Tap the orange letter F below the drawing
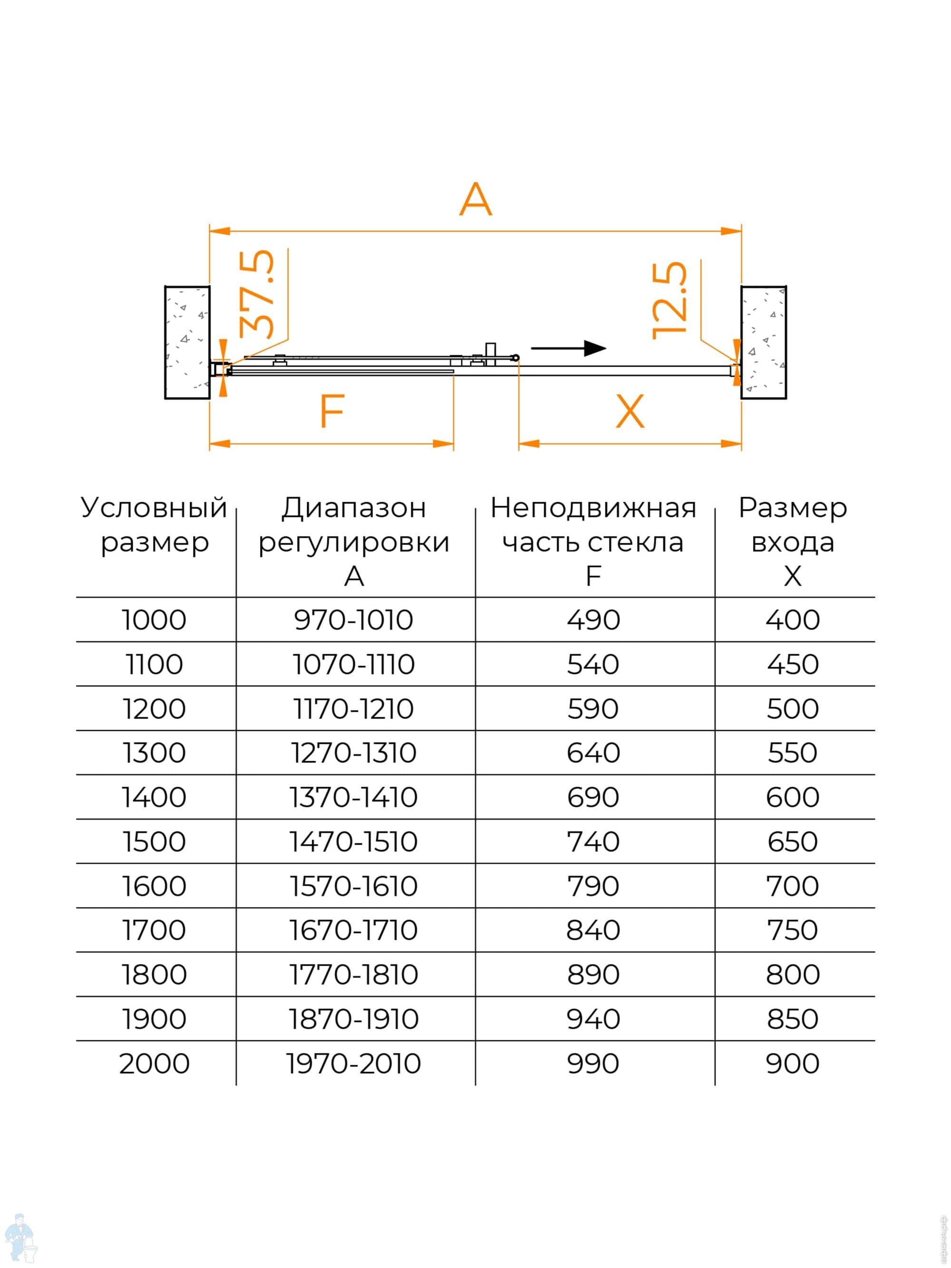pyautogui.click(x=332, y=411)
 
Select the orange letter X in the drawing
pyautogui.click(x=630, y=411)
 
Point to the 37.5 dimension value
pyautogui.click(x=256, y=294)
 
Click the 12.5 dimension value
pyautogui.click(x=669, y=301)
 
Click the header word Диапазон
pyautogui.click(x=354, y=508)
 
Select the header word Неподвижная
pyautogui.click(x=593, y=508)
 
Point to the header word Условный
pyautogui.click(x=154, y=508)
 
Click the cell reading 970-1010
pyautogui.click(x=354, y=620)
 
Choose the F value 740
pyautogui.click(x=593, y=841)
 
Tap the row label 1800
pyautogui.click(x=154, y=975)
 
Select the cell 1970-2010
pyautogui.click(x=354, y=1063)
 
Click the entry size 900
pyautogui.click(x=792, y=1063)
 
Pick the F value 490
pyautogui.click(x=593, y=620)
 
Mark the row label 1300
pyautogui.click(x=154, y=752)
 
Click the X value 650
pyautogui.click(x=792, y=841)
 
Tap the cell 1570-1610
pyautogui.click(x=354, y=886)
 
